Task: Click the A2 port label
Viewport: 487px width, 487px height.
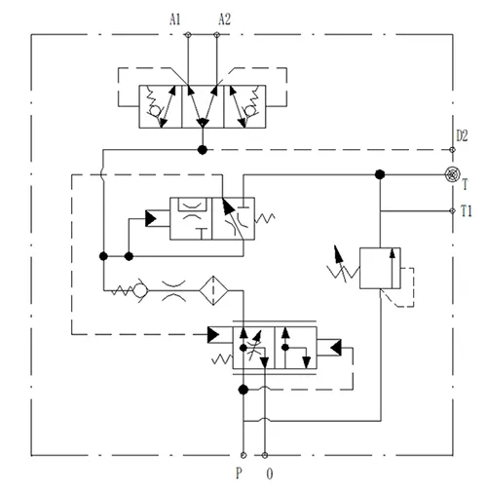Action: point(226,18)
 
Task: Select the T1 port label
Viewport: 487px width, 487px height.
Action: point(468,209)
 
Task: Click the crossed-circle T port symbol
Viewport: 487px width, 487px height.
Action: point(451,175)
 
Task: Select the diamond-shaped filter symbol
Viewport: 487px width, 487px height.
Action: point(208,290)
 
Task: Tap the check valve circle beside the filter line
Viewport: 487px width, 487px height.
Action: point(140,290)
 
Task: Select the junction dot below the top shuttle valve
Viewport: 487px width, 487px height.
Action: point(202,149)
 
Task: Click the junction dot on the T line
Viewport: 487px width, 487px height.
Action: point(379,175)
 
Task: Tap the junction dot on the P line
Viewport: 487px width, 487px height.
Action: point(243,391)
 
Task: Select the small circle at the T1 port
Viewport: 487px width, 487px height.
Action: point(451,209)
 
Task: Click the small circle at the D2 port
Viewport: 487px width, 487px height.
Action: point(451,149)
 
